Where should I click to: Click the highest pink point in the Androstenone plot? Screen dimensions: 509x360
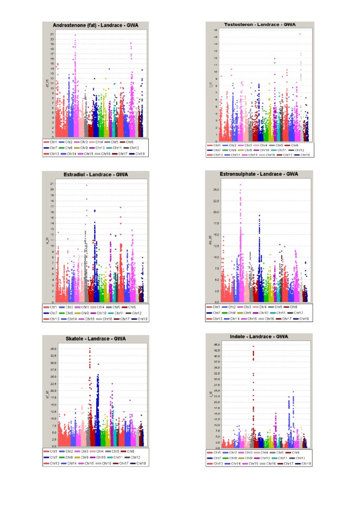click(75, 35)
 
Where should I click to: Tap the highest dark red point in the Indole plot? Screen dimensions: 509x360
click(253, 346)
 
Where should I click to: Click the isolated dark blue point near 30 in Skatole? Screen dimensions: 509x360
click(98, 363)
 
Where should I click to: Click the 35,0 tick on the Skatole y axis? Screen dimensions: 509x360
click(47, 349)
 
